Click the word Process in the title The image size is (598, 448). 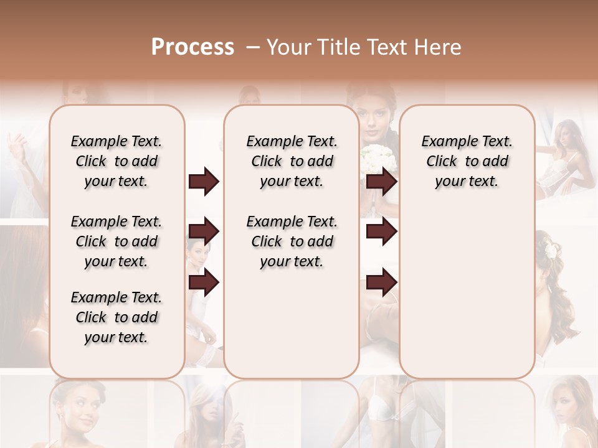[x=192, y=47]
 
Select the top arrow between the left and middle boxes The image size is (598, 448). [x=204, y=182]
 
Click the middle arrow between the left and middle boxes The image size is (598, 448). [x=204, y=232]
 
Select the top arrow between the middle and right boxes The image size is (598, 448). [x=381, y=182]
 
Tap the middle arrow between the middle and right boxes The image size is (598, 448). [x=381, y=232]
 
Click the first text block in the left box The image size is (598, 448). [x=116, y=161]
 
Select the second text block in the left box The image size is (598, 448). [x=116, y=241]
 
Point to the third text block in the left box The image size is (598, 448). [x=116, y=317]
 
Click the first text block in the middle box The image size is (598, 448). [x=292, y=161]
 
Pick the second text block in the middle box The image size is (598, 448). [x=292, y=241]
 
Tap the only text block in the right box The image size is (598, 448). [x=467, y=161]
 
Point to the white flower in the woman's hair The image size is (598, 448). [x=550, y=247]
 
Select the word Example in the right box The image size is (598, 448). [x=444, y=141]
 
